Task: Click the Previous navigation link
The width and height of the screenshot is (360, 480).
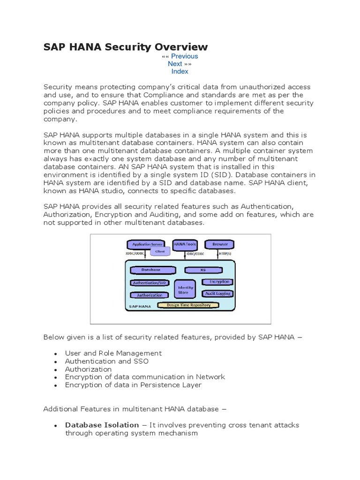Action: (184, 56)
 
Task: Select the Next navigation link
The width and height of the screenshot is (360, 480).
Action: (175, 64)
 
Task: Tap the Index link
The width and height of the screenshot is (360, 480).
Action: (180, 71)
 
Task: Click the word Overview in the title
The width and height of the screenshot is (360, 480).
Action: (183, 46)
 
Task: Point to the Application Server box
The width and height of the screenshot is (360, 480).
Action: (147, 245)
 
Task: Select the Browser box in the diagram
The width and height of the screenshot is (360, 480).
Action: (220, 245)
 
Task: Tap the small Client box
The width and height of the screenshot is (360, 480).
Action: (160, 251)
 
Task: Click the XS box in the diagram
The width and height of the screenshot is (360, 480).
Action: (203, 270)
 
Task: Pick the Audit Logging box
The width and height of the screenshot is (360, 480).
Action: (217, 293)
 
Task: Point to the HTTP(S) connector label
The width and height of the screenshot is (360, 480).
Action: (225, 254)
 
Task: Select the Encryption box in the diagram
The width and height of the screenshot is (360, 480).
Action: (217, 282)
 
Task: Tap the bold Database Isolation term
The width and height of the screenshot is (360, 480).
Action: (102, 425)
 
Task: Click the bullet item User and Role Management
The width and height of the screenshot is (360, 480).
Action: (113, 353)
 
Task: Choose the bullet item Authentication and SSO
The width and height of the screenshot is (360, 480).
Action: (107, 361)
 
